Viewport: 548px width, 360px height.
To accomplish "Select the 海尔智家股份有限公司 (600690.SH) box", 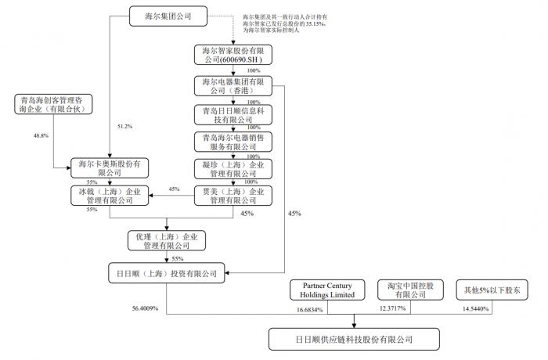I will click(x=232, y=55).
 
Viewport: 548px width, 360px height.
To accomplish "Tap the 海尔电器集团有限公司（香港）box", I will click(x=232, y=85).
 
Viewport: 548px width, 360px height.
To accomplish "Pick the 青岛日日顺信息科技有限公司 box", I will click(x=232, y=114).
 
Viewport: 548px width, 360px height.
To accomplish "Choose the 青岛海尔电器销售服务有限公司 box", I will click(x=232, y=142).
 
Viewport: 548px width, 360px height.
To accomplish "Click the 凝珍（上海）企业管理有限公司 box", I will click(x=232, y=169).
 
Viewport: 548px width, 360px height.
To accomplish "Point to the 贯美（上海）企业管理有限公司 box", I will click(x=232, y=196).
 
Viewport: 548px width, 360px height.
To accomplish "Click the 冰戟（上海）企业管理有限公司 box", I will click(x=109, y=196).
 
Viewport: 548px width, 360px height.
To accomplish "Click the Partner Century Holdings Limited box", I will click(x=323, y=291).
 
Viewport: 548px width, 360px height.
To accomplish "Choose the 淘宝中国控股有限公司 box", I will click(x=405, y=291).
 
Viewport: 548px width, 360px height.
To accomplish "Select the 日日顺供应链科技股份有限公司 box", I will click(x=354, y=340).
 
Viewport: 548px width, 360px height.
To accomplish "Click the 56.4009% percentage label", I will click(x=145, y=308).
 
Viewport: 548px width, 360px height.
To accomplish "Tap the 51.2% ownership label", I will click(x=124, y=126).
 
